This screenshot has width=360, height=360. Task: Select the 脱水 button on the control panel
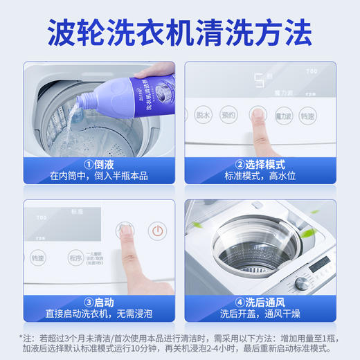tap(202, 116)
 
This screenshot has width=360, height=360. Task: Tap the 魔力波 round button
tap(284, 116)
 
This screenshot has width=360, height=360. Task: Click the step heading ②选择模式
tap(260, 165)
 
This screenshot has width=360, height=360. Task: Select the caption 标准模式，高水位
tap(260, 177)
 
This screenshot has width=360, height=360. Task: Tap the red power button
tap(158, 231)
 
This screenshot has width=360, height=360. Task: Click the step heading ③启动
tap(98, 302)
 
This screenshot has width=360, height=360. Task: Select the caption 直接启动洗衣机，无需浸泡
tap(98, 314)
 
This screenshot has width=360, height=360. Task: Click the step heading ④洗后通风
tap(260, 302)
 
